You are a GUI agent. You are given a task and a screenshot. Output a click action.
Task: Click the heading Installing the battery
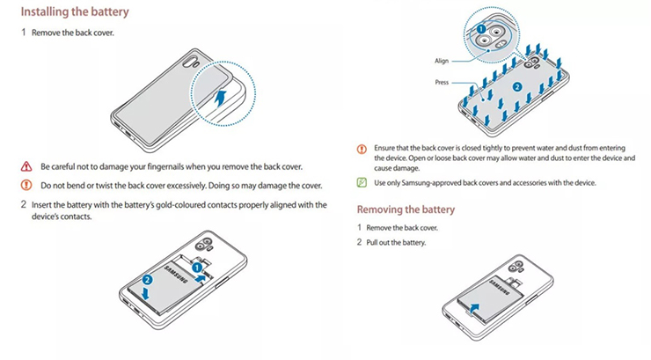pos(75,12)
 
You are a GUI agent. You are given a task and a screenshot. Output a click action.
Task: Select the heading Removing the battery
pos(406,209)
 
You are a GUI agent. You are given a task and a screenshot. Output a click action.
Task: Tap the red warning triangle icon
pos(25,167)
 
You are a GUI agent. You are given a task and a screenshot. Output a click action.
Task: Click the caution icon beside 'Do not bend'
pos(25,185)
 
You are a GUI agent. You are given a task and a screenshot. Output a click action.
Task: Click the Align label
pos(442,61)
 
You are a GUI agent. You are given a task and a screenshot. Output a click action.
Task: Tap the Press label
pos(442,82)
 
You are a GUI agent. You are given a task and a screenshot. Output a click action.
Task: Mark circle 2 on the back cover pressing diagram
pos(517,86)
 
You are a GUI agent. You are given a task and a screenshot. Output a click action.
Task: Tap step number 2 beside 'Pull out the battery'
pos(359,242)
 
